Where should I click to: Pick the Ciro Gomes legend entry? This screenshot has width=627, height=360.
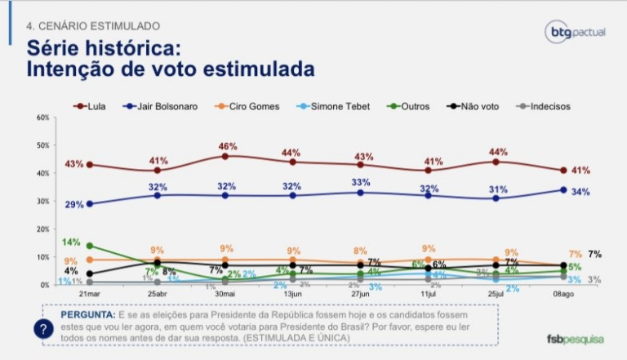(x=243, y=106)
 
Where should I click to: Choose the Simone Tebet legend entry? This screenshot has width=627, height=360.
(x=321, y=106)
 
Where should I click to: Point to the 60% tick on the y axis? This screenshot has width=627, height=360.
(x=42, y=118)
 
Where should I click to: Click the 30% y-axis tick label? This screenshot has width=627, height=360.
(x=42, y=201)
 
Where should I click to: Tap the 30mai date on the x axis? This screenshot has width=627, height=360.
(x=225, y=293)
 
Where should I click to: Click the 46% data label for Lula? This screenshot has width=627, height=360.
(x=226, y=146)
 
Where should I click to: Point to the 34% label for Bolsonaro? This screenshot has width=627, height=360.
(x=580, y=191)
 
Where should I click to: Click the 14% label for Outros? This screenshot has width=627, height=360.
(x=71, y=242)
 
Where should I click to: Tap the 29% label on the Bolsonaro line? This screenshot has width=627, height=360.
(x=74, y=204)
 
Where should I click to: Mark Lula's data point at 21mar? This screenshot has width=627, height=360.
(x=89, y=164)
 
